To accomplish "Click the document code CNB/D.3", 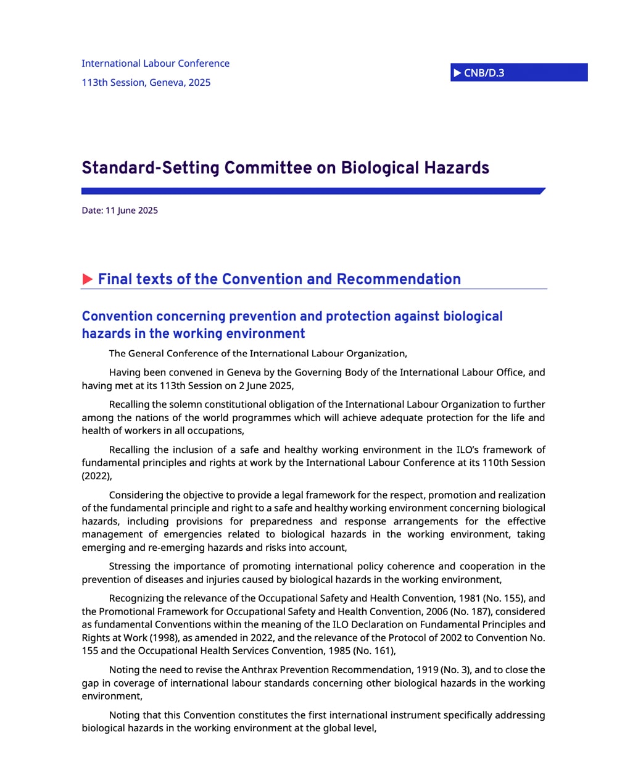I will click(484, 73).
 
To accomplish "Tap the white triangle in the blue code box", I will click(457, 73).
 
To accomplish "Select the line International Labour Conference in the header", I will click(155, 64).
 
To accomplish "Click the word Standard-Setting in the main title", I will click(151, 168).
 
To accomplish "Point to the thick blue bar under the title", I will click(313, 191).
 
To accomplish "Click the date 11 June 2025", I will click(131, 211).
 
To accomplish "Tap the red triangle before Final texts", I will click(88, 279).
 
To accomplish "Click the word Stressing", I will click(130, 566).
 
